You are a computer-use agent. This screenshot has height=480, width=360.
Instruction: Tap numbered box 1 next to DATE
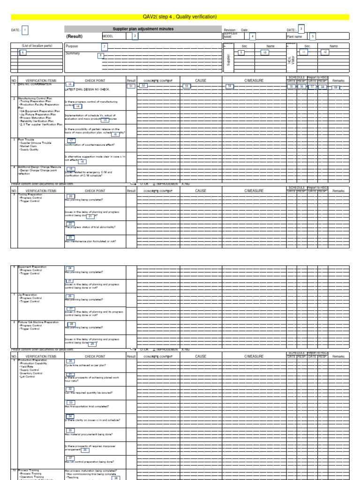(x=25, y=30)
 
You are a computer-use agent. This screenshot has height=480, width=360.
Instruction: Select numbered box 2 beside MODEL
(x=135, y=36)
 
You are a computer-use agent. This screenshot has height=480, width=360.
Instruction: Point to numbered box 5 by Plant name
(x=313, y=36)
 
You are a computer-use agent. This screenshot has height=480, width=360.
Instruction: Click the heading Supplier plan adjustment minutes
(x=143, y=29)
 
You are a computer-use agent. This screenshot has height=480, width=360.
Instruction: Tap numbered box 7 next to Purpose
(x=105, y=46)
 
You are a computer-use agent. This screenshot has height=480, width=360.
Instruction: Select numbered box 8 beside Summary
(x=100, y=55)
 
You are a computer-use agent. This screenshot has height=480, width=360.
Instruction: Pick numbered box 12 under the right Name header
(x=324, y=52)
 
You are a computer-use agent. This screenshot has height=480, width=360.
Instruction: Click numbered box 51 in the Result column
(x=131, y=86)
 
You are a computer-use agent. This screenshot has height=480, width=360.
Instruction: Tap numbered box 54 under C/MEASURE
(x=230, y=86)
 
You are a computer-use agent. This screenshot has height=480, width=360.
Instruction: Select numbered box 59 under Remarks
(x=335, y=87)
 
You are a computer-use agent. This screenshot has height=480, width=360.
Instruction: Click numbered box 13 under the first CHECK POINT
(x=71, y=83)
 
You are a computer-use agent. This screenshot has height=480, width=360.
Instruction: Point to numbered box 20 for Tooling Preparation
(x=71, y=196)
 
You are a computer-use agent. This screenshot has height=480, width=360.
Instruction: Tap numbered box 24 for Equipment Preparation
(x=70, y=268)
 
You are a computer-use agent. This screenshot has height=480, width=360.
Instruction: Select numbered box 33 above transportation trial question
(x=71, y=402)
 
